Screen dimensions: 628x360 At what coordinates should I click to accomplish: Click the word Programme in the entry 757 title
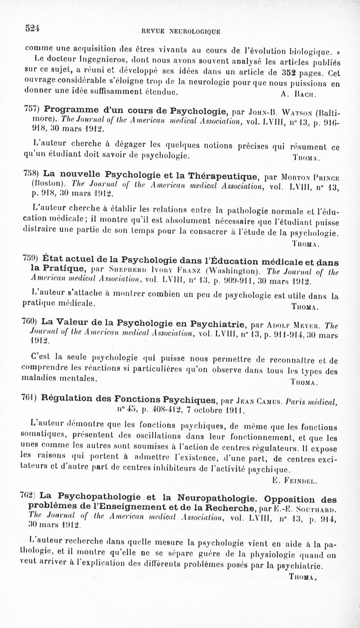coord(73,111)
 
